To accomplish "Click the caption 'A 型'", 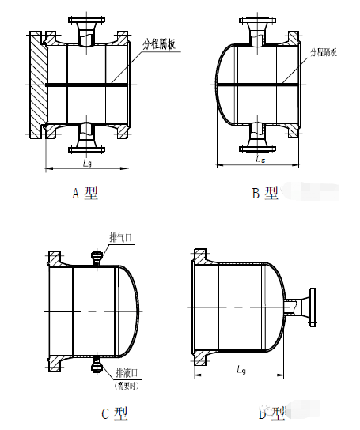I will coord(85,194).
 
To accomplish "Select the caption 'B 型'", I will coord(265,194).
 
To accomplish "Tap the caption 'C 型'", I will coord(114,412).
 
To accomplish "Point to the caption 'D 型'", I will coord(271,412).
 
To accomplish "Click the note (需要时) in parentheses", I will coord(128,385).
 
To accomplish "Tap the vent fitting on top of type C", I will coord(97,257).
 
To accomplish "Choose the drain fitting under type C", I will coord(97,364).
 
